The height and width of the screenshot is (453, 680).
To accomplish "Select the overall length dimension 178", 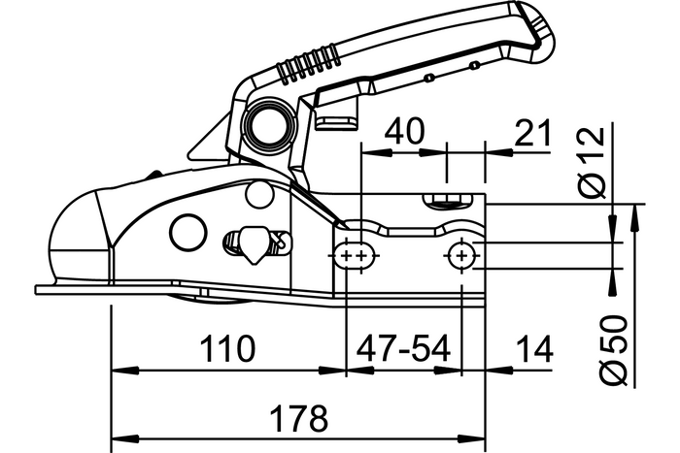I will coord(299,420).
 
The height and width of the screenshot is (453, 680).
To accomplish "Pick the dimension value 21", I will coord(530,132).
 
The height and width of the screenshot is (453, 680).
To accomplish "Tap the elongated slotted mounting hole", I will coord(353,255).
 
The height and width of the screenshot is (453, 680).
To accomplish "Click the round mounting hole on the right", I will coord(460,255).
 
